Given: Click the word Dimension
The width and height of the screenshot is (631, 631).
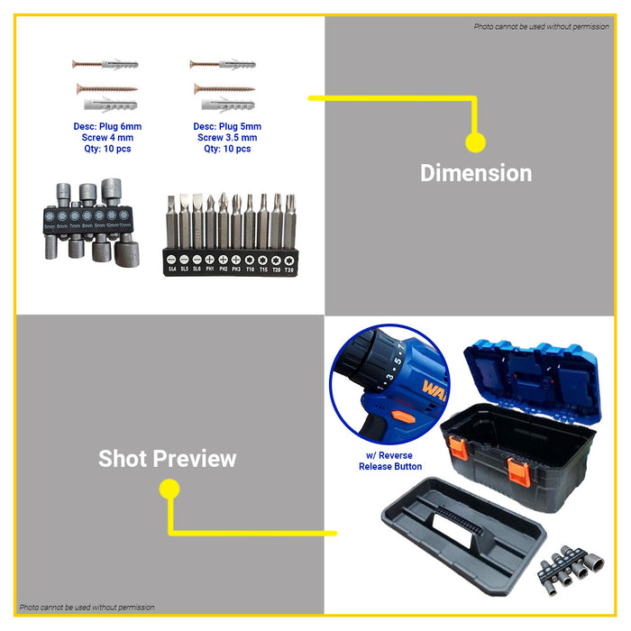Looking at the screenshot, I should (x=476, y=173).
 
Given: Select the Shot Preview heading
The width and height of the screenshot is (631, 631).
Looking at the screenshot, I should (x=168, y=459).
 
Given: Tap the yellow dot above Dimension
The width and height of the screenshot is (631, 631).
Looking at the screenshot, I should (x=476, y=142).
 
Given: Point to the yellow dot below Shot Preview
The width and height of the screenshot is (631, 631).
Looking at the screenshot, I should (x=169, y=489).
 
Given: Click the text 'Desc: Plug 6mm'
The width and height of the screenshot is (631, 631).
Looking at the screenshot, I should (x=107, y=127).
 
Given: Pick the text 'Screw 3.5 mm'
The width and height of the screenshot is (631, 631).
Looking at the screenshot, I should (x=227, y=138).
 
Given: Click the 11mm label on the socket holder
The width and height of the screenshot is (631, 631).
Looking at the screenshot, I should (x=124, y=225).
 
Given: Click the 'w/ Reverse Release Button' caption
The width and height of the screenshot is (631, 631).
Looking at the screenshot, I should (x=389, y=462).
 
